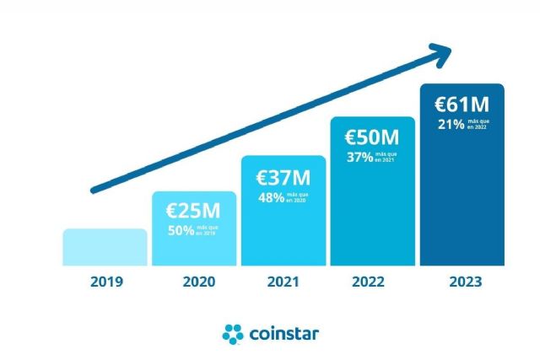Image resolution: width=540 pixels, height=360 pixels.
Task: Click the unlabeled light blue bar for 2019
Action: (x=105, y=247)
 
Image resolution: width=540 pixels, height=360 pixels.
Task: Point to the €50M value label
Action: (x=372, y=137)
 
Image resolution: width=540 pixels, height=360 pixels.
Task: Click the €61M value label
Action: (x=462, y=105)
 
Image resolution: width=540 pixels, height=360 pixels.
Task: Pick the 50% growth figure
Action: (x=181, y=230)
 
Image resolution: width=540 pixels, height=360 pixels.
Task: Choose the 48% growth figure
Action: (x=271, y=197)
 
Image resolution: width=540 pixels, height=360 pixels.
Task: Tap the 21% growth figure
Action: (x=450, y=125)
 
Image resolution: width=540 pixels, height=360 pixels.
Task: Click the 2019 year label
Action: (x=106, y=282)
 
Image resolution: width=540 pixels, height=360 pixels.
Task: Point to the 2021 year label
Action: (x=284, y=282)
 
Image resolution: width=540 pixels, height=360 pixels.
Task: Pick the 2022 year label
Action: (x=372, y=282)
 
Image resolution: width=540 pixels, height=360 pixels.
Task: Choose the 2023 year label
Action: (x=462, y=282)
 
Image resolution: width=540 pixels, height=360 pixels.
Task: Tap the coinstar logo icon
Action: (x=233, y=334)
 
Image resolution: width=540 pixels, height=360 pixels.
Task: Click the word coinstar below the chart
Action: (x=284, y=334)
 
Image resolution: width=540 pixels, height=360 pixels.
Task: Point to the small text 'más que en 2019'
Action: (x=208, y=230)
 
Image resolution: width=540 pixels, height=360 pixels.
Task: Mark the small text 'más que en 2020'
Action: (x=297, y=197)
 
